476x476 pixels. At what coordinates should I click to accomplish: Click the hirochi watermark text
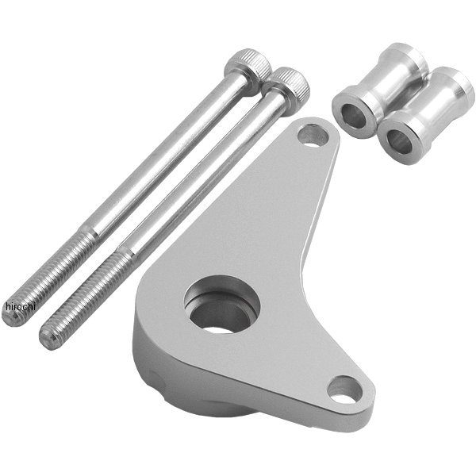(21, 306)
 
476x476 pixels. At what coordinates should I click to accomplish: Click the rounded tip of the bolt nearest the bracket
(48, 341)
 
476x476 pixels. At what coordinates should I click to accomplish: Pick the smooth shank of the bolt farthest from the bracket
(163, 158)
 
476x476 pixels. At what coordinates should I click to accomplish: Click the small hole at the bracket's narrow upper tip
(313, 135)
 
